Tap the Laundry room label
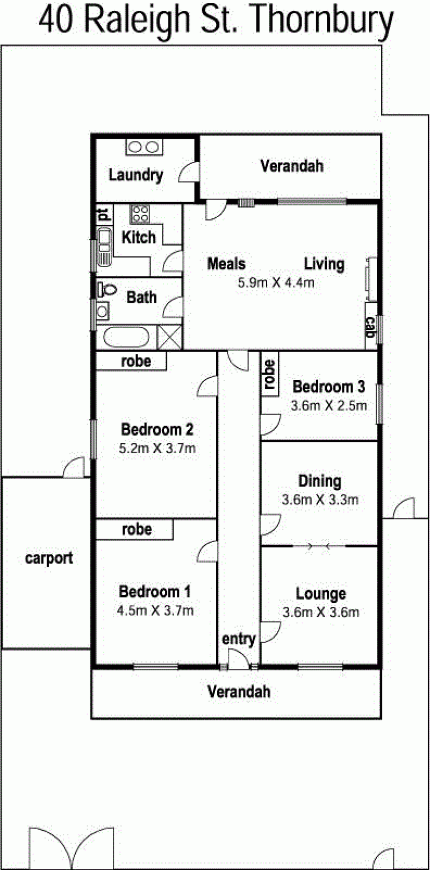(135, 175)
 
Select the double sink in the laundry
(144, 147)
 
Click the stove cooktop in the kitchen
(140, 213)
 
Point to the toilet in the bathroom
(107, 289)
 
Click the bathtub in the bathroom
(126, 338)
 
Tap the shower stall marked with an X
(170, 337)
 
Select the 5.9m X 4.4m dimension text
(276, 282)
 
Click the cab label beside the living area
(371, 327)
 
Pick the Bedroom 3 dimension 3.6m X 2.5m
(329, 405)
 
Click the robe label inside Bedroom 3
(270, 375)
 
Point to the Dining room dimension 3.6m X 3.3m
(320, 500)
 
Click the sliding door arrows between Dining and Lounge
(319, 546)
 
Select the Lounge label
(321, 594)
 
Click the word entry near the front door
(239, 639)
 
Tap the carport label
(49, 559)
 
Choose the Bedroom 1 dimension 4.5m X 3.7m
(155, 610)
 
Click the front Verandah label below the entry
(239, 691)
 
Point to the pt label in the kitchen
(103, 215)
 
